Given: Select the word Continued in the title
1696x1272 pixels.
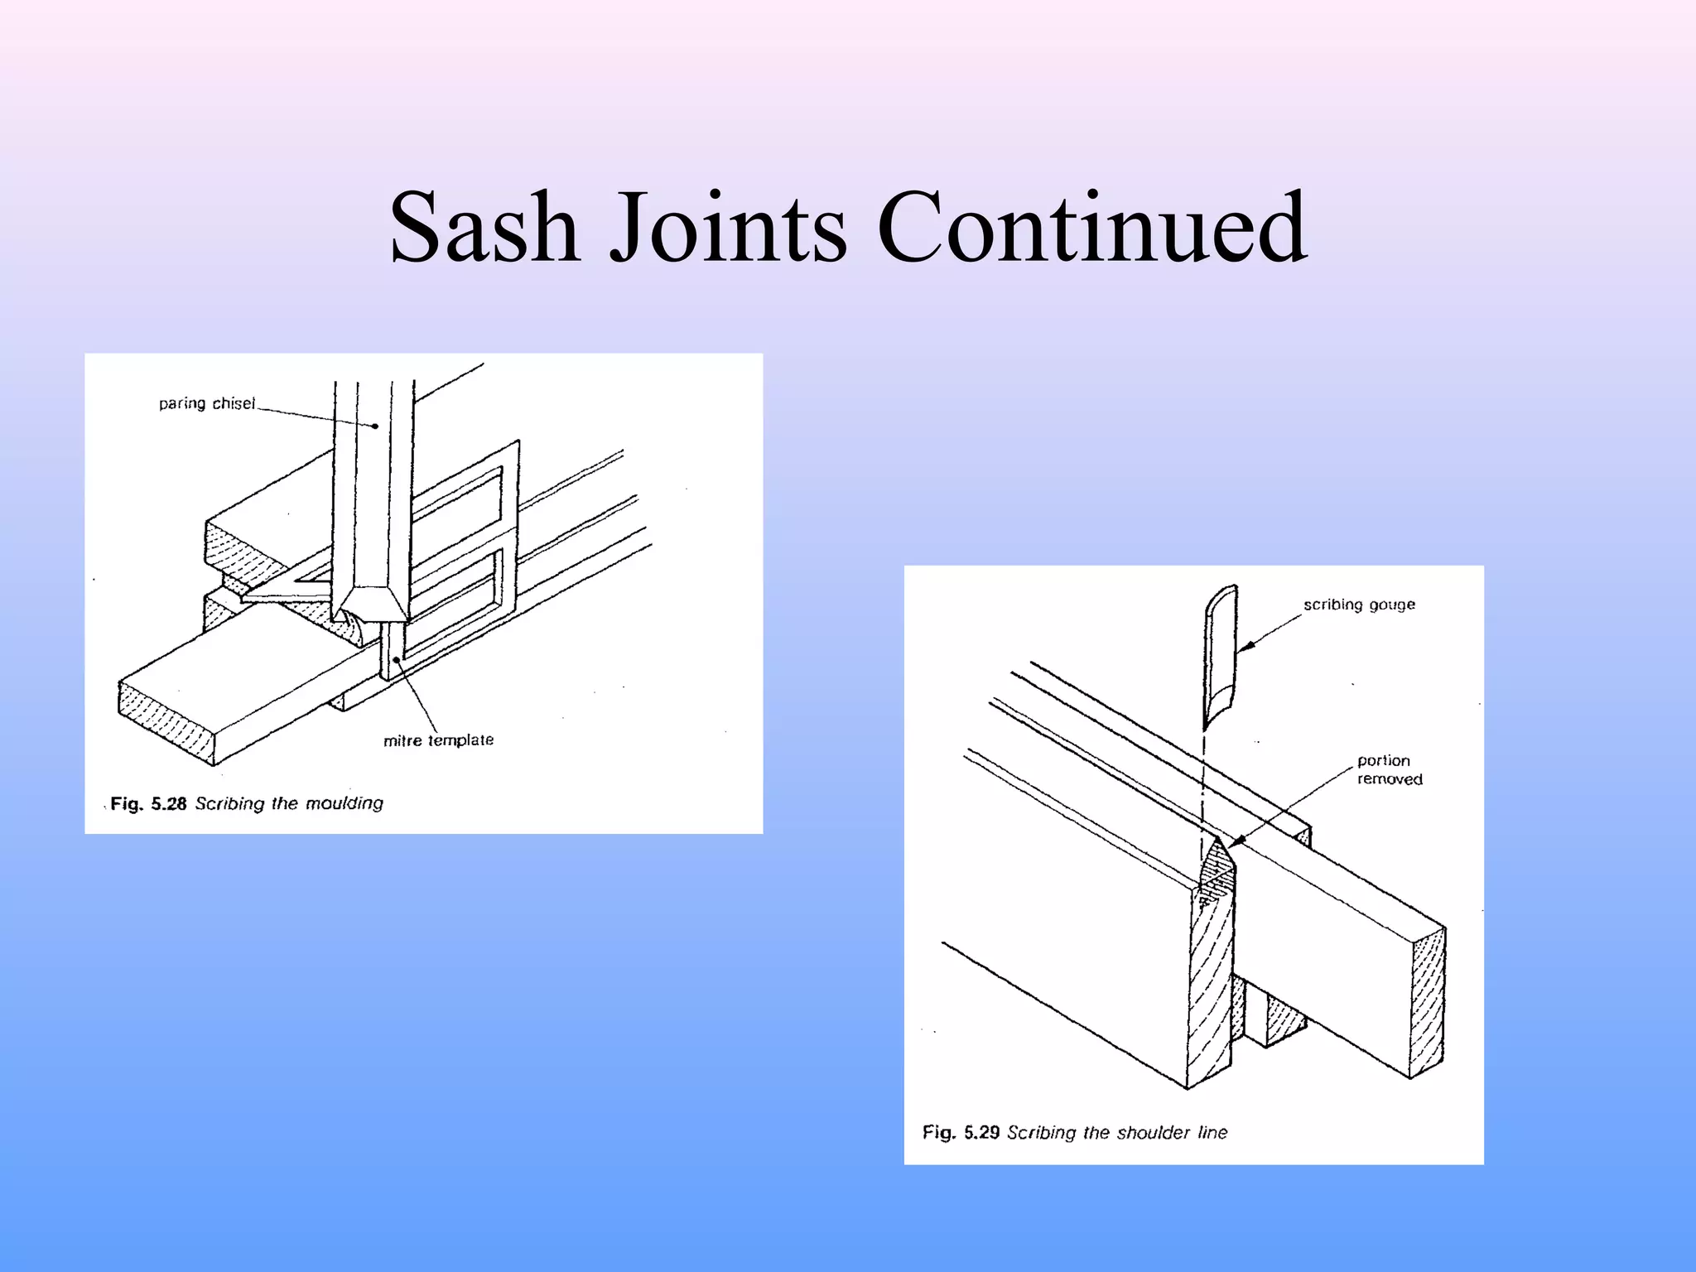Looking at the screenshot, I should coord(1091,228).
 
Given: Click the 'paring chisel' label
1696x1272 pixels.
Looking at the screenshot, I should coord(207,403).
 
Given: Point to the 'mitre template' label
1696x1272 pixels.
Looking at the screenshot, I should coord(438,740).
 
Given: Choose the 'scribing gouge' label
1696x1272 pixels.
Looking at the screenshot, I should coord(1359,605).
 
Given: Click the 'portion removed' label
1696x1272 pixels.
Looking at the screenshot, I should coord(1389,769).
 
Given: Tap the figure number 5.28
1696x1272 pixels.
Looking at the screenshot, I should coord(168,804).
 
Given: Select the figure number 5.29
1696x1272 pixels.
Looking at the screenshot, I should coord(981,1132).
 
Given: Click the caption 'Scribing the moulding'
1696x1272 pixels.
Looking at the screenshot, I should coord(289,803).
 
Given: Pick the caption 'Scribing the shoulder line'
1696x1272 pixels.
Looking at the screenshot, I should coord(1117,1132).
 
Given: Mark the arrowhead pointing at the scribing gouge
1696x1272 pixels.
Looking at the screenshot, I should coord(1245,647).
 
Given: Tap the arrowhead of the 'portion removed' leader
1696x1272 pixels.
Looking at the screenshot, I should coord(1234,843).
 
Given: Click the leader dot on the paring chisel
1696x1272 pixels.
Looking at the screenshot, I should coord(375,426).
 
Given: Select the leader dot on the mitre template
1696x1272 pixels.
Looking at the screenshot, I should coord(397,660).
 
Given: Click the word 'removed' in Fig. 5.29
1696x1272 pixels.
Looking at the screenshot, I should coord(1390,779).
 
